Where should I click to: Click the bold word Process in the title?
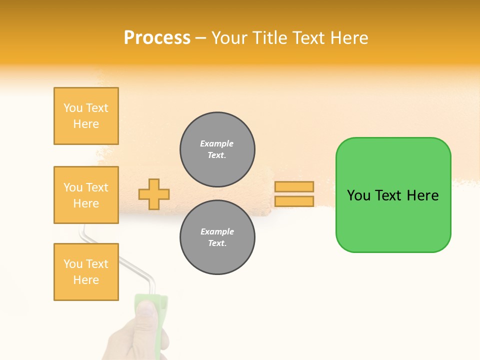pos(157,38)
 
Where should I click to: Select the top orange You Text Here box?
pos(86,116)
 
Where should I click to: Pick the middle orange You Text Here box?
pos(86,195)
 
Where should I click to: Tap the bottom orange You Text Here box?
pos(86,272)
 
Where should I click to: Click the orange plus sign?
pos(154,194)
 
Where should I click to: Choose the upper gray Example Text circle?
pos(217,149)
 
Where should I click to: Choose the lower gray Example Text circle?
pos(217,237)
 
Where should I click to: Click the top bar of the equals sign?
pos(294,187)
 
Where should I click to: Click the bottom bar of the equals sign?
pos(294,201)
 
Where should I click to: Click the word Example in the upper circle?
pos(217,143)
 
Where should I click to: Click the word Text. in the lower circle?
pos(217,243)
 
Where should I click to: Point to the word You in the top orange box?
pos(73,108)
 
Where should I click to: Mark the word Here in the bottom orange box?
pos(86,280)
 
